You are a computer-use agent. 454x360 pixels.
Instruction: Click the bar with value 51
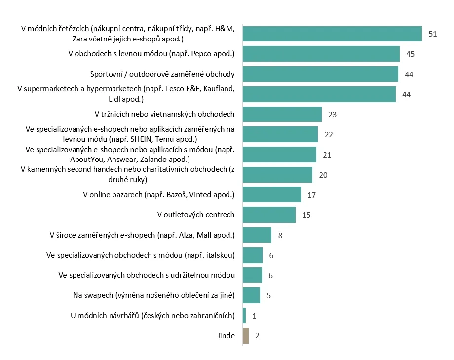point(332,34)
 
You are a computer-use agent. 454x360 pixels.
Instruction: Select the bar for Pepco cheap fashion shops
point(321,54)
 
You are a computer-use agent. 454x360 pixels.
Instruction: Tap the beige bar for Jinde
point(246,336)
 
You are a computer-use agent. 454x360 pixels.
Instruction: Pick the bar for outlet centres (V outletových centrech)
point(269,215)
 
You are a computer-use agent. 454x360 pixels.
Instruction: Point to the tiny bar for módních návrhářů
point(244,316)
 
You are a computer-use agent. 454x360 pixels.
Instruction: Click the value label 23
point(333,115)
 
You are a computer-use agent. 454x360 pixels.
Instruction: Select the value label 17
point(311,195)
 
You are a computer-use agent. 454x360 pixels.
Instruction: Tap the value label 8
point(280,236)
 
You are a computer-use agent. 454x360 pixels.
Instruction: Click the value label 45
point(410,54)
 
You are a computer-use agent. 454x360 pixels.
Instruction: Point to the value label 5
point(268,296)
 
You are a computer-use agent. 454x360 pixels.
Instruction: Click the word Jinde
point(226,336)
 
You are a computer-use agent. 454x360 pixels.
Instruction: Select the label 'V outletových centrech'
point(196,215)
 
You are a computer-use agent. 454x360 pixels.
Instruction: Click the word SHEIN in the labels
point(141,139)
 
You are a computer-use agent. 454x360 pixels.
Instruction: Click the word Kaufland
point(219,89)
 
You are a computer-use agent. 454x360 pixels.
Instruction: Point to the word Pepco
point(201,54)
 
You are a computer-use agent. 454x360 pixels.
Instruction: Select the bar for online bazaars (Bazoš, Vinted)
point(272,195)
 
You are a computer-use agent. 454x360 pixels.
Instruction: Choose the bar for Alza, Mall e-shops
point(257,235)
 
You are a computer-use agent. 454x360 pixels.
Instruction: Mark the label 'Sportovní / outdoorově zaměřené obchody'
point(162,74)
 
